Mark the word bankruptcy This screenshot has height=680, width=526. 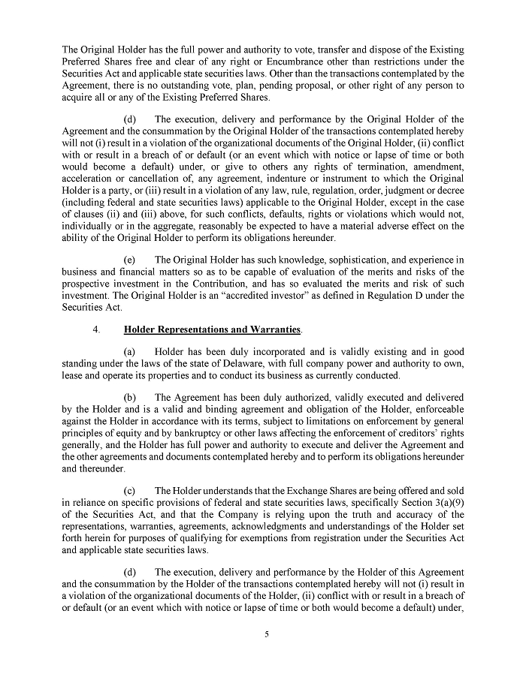click(229, 432)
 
